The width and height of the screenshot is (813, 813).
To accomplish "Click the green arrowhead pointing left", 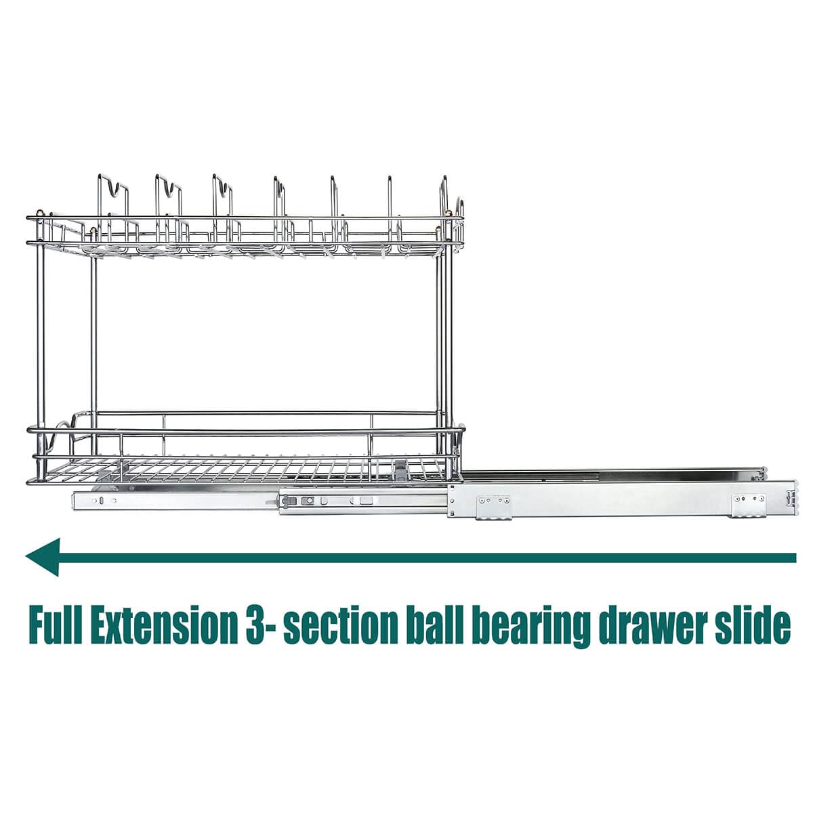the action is [x=43, y=557].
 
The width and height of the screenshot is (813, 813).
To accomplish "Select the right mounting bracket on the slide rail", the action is [x=749, y=505].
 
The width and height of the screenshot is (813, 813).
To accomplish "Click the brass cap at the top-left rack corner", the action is [x=40, y=213].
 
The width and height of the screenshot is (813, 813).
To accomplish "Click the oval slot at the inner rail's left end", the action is [x=101, y=501].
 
